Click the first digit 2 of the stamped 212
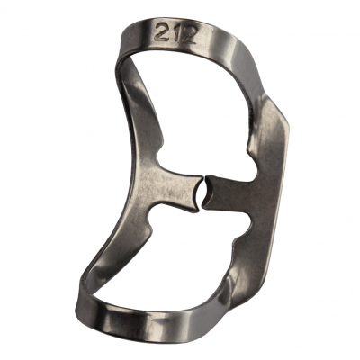pos(162,32)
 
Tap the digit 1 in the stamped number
pos(174,33)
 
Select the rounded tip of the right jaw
pos(208,192)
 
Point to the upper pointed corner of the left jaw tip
pos(201,176)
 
